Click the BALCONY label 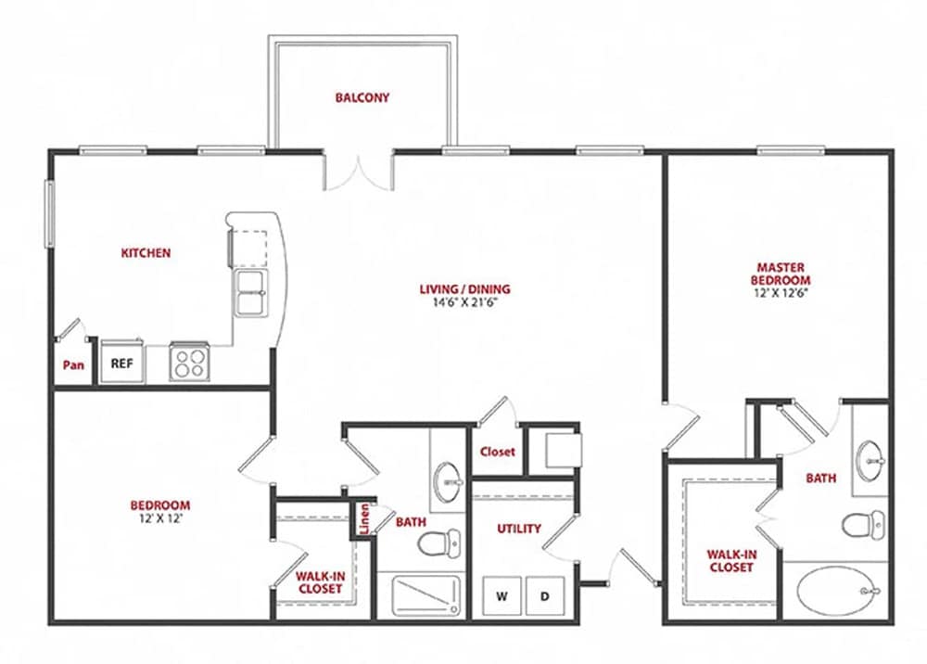pos(362,97)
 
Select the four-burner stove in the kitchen pos(191,362)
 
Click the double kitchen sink pos(250,292)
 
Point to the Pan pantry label pos(73,365)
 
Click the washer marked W pos(502,596)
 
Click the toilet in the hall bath pos(438,542)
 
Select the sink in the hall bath pos(450,478)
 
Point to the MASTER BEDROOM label pos(782,274)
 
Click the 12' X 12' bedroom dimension pos(159,518)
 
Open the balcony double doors pos(360,170)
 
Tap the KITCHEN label pos(146,252)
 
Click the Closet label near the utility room pos(497,453)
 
